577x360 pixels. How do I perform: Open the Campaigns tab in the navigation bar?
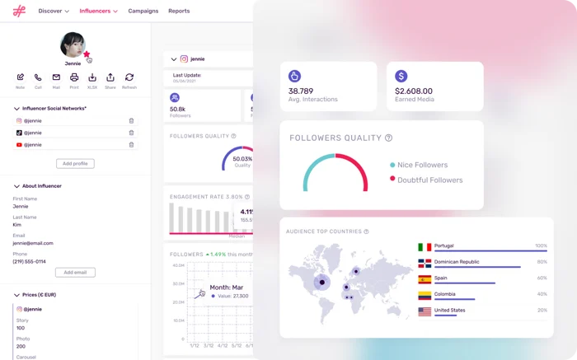tap(143, 12)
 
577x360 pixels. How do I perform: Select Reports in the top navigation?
tap(179, 12)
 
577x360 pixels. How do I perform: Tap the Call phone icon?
tap(38, 77)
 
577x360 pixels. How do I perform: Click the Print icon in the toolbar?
tap(74, 77)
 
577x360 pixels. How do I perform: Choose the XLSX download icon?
tap(92, 77)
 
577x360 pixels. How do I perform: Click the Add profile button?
tap(75, 163)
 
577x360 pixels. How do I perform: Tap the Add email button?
tap(75, 272)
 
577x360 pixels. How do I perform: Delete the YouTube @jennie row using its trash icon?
tap(131, 145)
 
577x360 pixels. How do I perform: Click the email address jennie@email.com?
tap(33, 243)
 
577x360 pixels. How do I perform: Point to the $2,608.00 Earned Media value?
tap(413, 91)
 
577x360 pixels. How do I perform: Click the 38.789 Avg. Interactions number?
tap(301, 91)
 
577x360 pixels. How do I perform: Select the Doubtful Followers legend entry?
tap(429, 180)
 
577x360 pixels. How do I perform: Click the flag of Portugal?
tap(425, 246)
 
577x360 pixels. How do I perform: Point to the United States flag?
tap(425, 311)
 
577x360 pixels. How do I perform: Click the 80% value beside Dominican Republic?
tap(542, 262)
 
